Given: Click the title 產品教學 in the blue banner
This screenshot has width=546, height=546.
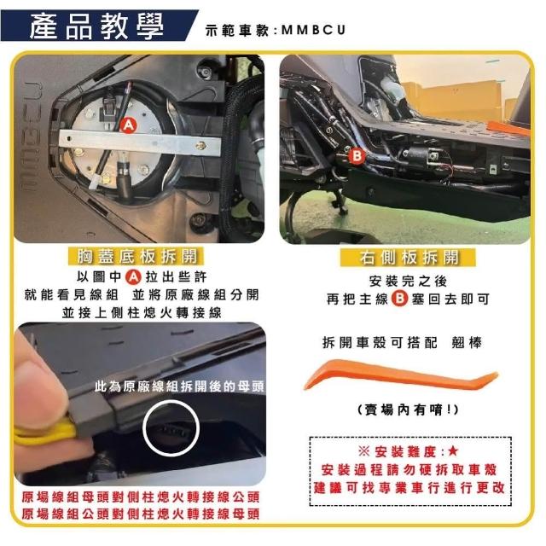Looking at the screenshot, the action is pos(96,26).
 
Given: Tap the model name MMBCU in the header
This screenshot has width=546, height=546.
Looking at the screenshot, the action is pos(313,30).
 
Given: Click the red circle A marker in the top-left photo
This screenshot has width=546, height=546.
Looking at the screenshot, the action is pos(129,125).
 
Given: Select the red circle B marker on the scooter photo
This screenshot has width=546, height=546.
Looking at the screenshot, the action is pos(357,155).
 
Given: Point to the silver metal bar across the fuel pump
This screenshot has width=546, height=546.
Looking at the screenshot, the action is pos(140,142).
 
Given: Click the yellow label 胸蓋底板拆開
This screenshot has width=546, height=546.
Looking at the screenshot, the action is pos(136,257).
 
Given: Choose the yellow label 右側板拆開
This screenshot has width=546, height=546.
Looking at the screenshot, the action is pos(408,258).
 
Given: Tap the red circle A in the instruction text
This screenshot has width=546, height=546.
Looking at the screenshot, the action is pos(133,277).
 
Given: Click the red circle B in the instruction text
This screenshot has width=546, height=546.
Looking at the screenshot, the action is pos(399,299).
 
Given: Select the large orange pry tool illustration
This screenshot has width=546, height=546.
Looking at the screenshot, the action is pos(400,375).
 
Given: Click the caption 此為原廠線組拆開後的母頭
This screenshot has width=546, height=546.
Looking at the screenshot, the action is pos(180,386).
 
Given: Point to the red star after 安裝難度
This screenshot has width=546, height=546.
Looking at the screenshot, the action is pos(453,451).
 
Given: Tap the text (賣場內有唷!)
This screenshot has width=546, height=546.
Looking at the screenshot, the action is pos(408,409).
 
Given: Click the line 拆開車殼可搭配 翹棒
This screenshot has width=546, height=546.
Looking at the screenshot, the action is pos(402,343).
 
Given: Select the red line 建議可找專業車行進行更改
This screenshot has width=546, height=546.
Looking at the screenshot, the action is pos(409,488).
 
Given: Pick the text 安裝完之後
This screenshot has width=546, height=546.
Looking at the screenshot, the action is pos(408,281).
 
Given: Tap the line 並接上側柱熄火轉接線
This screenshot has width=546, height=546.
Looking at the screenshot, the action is pos(142,313).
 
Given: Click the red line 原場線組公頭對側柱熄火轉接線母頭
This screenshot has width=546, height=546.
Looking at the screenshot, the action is pos(141,514).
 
